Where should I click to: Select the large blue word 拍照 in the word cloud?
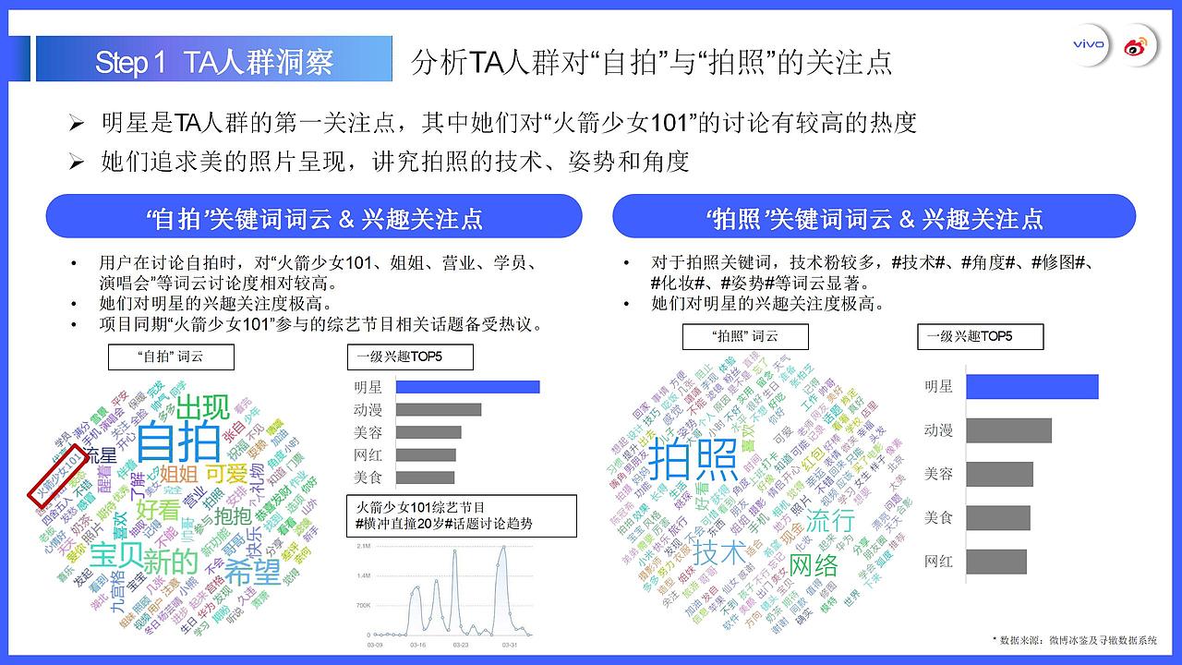(694, 459)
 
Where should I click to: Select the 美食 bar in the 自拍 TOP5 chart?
(418, 478)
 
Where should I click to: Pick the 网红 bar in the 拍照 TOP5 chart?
(995, 561)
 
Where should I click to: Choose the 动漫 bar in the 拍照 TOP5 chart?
(1008, 430)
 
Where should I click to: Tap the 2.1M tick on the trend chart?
(362, 546)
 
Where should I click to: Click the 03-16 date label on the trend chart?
(417, 646)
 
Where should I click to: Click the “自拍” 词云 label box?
(171, 357)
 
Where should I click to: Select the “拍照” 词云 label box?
(745, 336)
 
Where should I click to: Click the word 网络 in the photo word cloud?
(814, 563)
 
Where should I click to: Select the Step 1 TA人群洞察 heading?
(213, 62)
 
